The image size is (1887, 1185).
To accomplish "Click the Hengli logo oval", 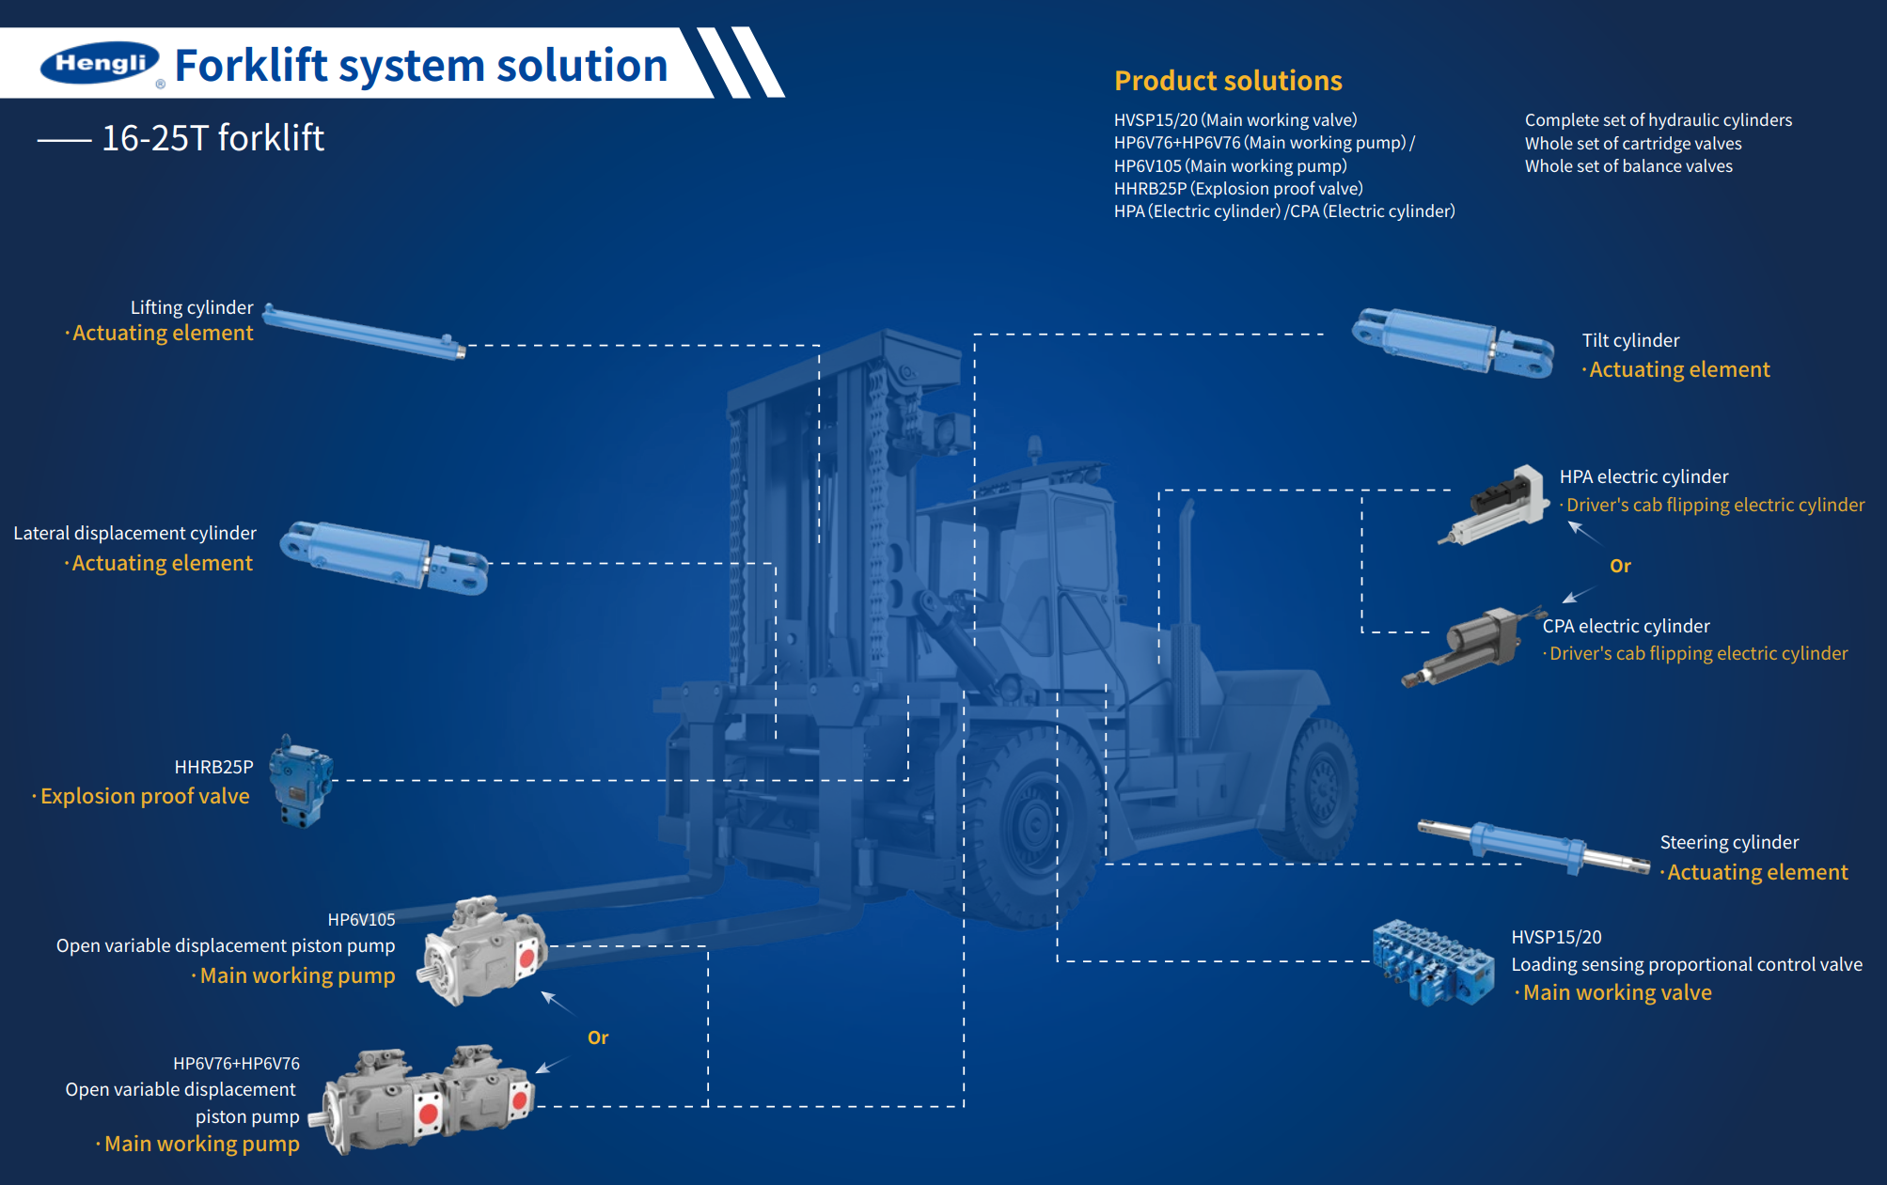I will point(100,63).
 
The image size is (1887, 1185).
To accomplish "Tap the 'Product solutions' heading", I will point(1228,81).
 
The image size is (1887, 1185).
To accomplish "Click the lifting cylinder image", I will point(364,331).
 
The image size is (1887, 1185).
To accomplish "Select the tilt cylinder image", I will point(1453,342).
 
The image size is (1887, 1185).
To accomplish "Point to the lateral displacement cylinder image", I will point(385,557).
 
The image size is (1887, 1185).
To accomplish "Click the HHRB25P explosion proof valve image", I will point(300,781).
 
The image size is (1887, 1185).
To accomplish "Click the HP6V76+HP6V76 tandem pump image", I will point(429,1098).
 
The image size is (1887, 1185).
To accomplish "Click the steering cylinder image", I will point(1533,847).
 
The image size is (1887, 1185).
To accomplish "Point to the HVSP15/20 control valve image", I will point(1432,962).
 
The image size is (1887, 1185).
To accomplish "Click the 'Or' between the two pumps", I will point(598,1037).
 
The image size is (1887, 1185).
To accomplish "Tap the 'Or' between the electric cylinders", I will point(1620,566).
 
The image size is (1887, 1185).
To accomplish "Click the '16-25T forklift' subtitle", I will point(212,138).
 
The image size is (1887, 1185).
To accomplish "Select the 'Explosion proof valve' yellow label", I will point(145,796).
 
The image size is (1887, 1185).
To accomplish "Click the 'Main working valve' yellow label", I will point(1617,992).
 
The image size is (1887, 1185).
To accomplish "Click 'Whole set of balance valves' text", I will point(1628,166).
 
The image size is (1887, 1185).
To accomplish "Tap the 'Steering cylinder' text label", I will point(1729,842).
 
